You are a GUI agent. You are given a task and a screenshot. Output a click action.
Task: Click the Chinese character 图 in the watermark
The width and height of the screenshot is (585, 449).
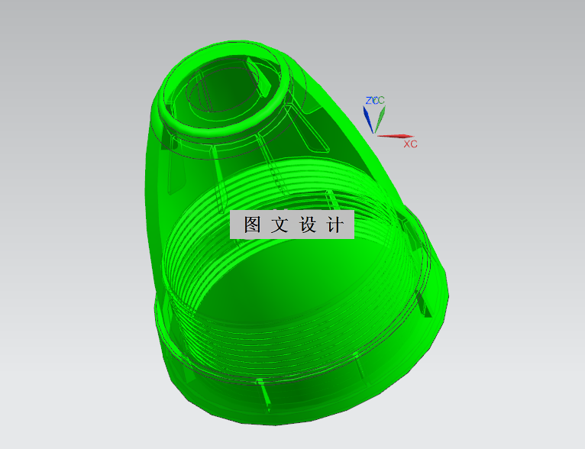coord(252,225)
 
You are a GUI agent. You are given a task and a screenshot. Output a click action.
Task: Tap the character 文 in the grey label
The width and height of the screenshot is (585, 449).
coord(280,225)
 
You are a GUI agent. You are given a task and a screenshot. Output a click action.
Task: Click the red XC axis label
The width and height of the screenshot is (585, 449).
coord(410,144)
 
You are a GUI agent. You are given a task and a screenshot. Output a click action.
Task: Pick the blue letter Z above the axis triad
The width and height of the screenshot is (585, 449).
coord(368,100)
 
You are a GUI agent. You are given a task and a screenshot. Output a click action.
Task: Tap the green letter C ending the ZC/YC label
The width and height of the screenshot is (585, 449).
coord(381,100)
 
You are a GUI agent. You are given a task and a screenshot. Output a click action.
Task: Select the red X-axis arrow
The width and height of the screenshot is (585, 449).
coord(396,137)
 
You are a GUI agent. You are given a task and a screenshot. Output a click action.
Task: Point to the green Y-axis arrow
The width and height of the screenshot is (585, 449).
coord(380,117)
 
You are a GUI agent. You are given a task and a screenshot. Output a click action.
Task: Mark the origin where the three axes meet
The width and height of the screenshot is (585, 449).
coord(374,134)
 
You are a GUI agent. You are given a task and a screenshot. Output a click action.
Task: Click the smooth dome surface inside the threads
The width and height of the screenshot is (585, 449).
coord(290,290)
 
